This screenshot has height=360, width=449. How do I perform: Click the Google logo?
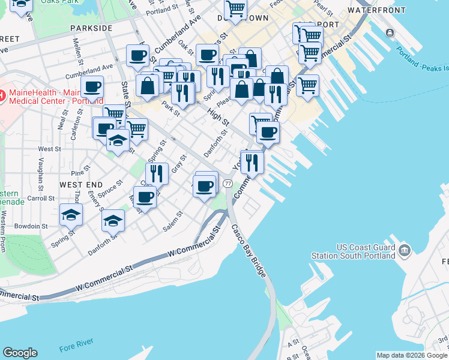click(x=20, y=353)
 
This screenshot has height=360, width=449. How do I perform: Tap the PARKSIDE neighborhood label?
click(x=91, y=28)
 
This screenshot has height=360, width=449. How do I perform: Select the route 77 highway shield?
click(x=228, y=182)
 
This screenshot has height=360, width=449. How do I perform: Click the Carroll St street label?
click(x=41, y=197)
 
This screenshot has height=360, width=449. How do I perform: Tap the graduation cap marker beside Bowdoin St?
click(x=71, y=214)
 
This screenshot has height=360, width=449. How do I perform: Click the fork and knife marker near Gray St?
click(x=157, y=174)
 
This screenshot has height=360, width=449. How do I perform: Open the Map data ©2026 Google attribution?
click(x=412, y=355)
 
